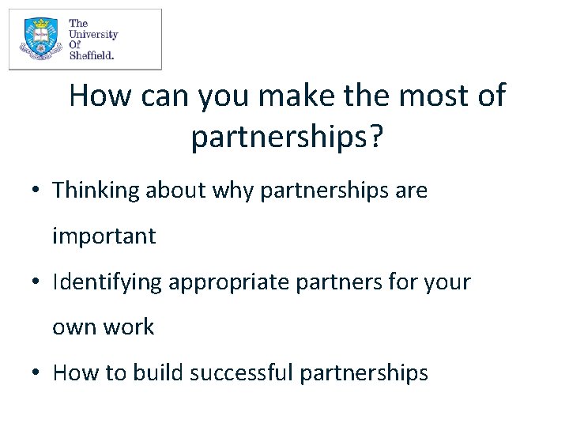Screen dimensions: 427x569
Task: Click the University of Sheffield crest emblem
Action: (38, 40)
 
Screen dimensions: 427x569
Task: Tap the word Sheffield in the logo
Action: (92, 55)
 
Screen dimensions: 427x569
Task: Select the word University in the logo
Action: (93, 35)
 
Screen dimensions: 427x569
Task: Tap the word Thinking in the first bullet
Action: (96, 191)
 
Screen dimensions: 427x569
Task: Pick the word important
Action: (104, 236)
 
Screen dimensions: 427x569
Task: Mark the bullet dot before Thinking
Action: (37, 191)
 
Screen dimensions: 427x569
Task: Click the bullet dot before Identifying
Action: (37, 283)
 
